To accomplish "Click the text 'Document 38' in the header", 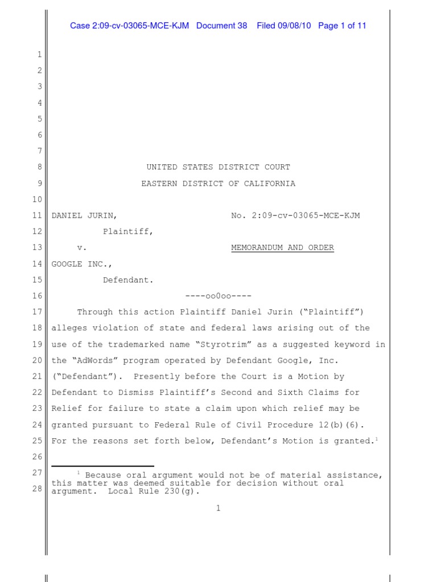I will pyautogui.click(x=221, y=26).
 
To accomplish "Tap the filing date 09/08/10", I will pyautogui.click(x=292, y=26).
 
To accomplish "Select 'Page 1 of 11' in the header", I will pyautogui.click(x=342, y=26).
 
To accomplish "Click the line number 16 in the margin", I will pyautogui.click(x=37, y=296).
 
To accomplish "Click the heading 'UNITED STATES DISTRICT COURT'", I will pyautogui.click(x=218, y=167).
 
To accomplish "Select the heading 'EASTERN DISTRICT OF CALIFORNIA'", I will pyautogui.click(x=218, y=184).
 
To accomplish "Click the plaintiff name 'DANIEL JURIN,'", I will pyautogui.click(x=85, y=215).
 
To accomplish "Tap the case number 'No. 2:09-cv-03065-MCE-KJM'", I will pyautogui.click(x=295, y=215).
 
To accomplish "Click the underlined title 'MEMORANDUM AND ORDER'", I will pyautogui.click(x=282, y=248).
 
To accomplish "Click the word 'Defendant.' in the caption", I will pyautogui.click(x=128, y=280).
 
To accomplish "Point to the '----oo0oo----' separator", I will pyautogui.click(x=218, y=296).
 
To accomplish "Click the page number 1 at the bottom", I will pyautogui.click(x=218, y=508).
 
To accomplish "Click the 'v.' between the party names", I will pyautogui.click(x=82, y=248).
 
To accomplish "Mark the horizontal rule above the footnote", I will pyautogui.click(x=102, y=466).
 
